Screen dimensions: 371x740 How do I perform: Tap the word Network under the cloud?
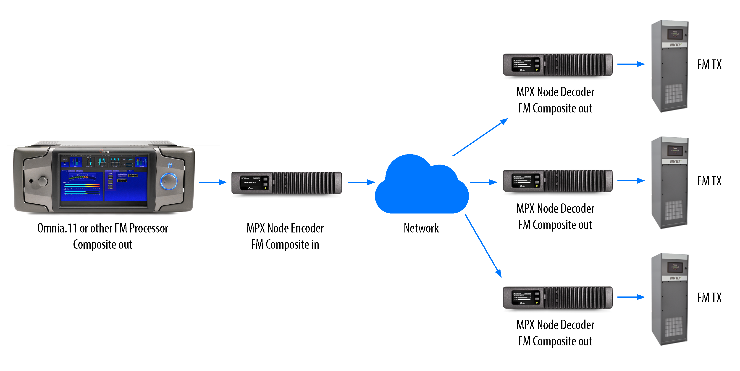pos(421,228)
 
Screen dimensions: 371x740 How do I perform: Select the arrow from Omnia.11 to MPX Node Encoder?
pos(213,182)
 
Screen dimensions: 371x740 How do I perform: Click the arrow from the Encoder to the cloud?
pos(361,182)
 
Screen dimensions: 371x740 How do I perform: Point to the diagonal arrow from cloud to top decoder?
pos(480,137)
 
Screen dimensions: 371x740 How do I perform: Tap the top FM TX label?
pos(709,64)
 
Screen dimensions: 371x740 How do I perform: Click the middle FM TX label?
pos(709,181)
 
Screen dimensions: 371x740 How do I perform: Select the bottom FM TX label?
pos(709,297)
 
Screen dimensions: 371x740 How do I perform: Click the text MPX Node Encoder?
pos(285,228)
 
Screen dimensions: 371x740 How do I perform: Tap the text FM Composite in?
pos(285,244)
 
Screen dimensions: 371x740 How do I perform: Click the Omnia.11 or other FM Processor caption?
pos(102,228)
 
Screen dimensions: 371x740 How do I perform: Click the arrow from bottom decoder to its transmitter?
pos(630,297)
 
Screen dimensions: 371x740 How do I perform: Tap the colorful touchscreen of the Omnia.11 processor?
pos(103,178)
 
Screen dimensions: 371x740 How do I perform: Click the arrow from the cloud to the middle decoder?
pos(483,182)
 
